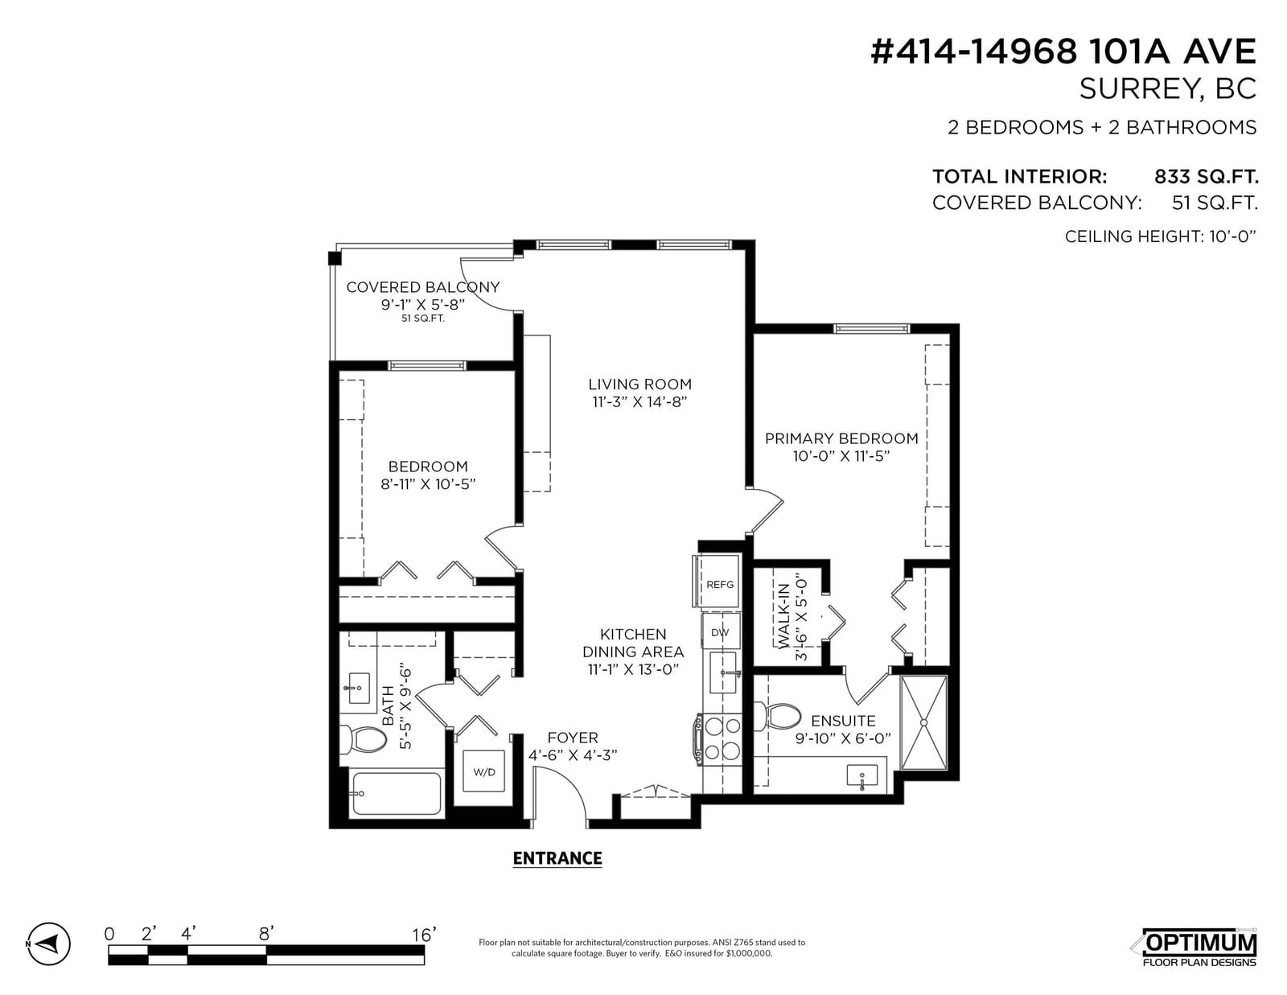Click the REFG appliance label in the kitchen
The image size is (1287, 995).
pos(720,585)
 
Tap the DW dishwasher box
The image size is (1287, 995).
pos(720,631)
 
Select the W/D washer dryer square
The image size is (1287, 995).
pos(484,771)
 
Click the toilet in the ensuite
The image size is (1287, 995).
pos(782,716)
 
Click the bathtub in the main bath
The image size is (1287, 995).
pos(396,792)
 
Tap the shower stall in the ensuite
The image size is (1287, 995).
pos(924,722)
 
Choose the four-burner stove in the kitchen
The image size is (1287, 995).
pos(718,740)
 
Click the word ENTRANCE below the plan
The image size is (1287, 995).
pos(557,858)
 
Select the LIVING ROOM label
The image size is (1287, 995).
pos(639,384)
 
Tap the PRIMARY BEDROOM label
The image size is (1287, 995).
pos(841,438)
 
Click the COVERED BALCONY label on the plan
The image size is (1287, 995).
pos(423,287)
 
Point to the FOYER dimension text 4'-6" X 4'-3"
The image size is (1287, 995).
pos(573,755)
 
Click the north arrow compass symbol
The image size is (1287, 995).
pos(49,944)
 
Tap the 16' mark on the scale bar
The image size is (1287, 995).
pos(424,935)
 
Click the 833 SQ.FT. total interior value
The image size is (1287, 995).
pos(1206,176)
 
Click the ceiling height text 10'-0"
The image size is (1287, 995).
pos(1232,236)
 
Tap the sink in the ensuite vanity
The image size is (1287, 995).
pos(862,776)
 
